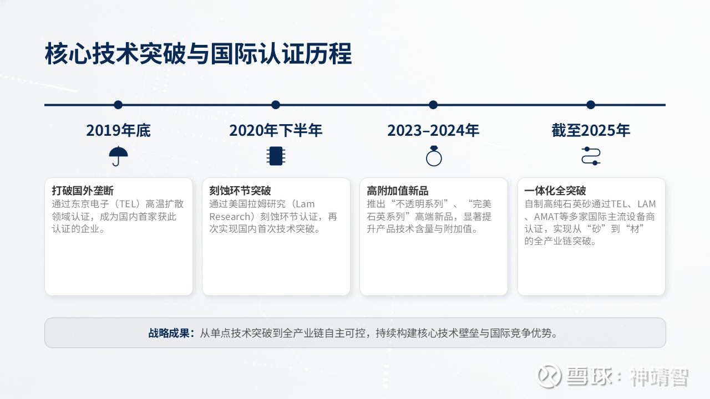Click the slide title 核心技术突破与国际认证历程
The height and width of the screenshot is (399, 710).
pyautogui.click(x=199, y=54)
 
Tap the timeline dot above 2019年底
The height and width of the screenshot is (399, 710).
pyautogui.click(x=118, y=105)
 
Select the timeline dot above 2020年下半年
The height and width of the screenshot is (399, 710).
pyautogui.click(x=276, y=105)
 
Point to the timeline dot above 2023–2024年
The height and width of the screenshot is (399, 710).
pyautogui.click(x=433, y=105)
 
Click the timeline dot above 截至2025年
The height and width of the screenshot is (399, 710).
pyautogui.click(x=591, y=105)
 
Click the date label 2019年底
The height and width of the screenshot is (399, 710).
pyautogui.click(x=118, y=130)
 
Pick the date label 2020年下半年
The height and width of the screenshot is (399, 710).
pyautogui.click(x=276, y=130)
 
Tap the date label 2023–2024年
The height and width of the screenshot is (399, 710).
pyautogui.click(x=433, y=130)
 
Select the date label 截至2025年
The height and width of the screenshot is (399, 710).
pyautogui.click(x=591, y=130)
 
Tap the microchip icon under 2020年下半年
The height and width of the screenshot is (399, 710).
pyautogui.click(x=276, y=156)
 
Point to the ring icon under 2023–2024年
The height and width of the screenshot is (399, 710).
pyautogui.click(x=434, y=156)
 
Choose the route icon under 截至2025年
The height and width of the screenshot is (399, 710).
pyautogui.click(x=591, y=156)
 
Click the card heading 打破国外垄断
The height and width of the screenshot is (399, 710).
pyautogui.click(x=83, y=191)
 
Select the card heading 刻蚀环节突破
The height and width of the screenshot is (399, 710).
pyautogui.click(x=240, y=191)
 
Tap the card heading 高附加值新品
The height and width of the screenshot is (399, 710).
pyautogui.click(x=398, y=191)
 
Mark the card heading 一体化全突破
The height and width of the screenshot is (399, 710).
pyautogui.click(x=555, y=191)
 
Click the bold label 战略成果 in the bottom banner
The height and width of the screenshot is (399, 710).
pyautogui.click(x=169, y=333)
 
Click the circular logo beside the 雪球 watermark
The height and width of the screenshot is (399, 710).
pyautogui.click(x=549, y=376)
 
